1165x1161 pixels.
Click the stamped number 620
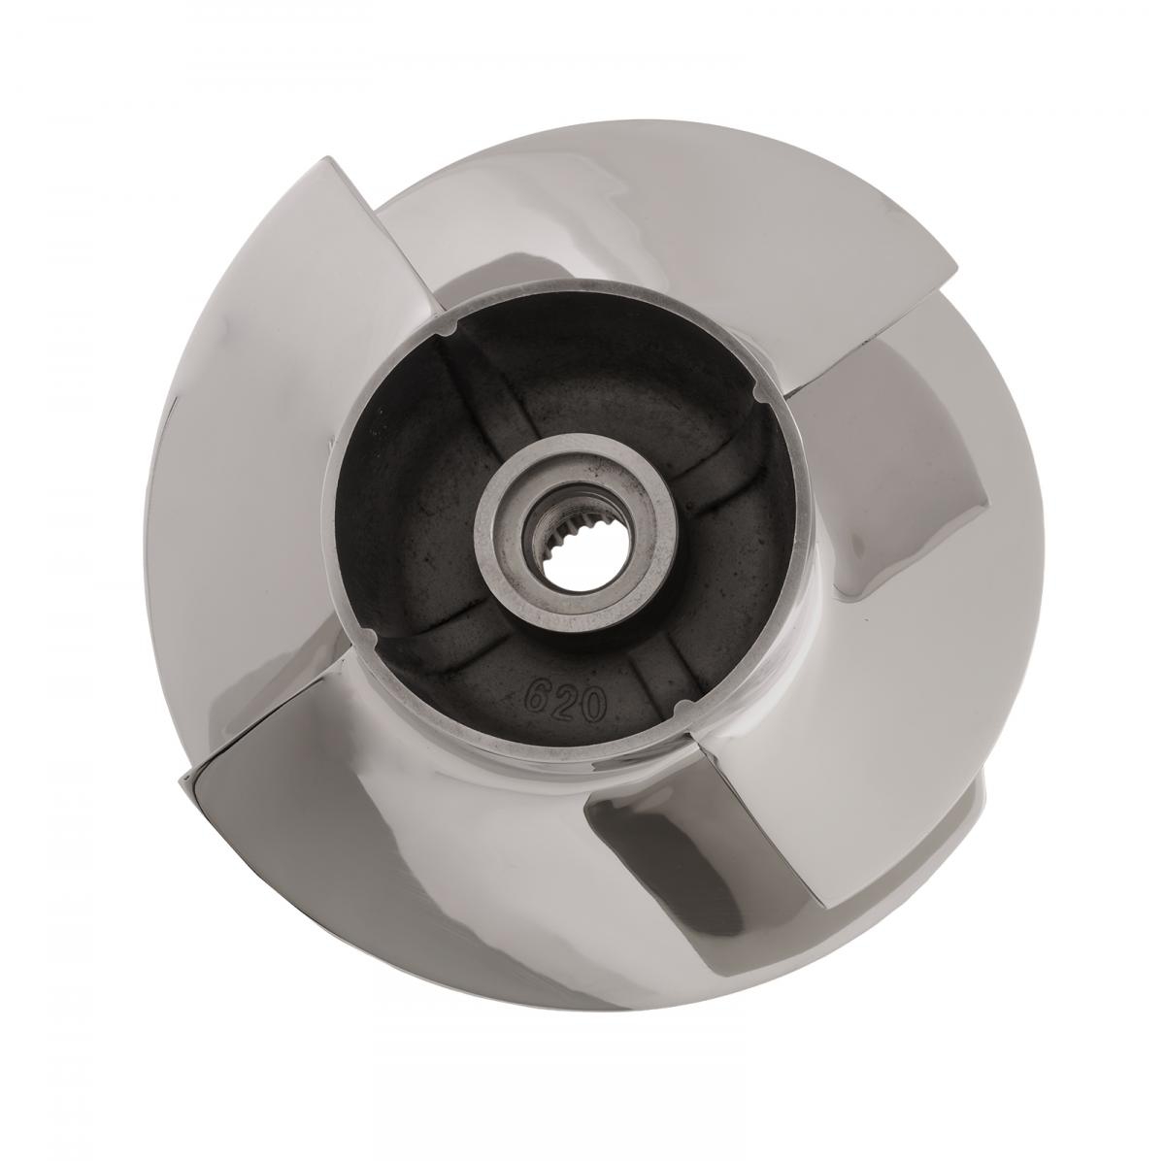566,700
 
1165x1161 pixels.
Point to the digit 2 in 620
566,700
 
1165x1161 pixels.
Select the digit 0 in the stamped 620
593,707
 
